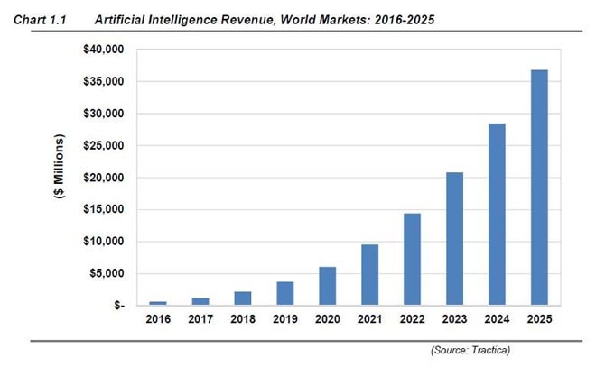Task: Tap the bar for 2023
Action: [454, 238]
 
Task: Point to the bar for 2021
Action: [370, 274]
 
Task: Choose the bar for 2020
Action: [328, 286]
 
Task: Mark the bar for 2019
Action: [285, 293]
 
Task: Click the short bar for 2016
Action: [159, 303]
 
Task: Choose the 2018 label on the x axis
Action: [243, 318]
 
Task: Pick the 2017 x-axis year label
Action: [200, 318]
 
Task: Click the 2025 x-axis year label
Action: [538, 318]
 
